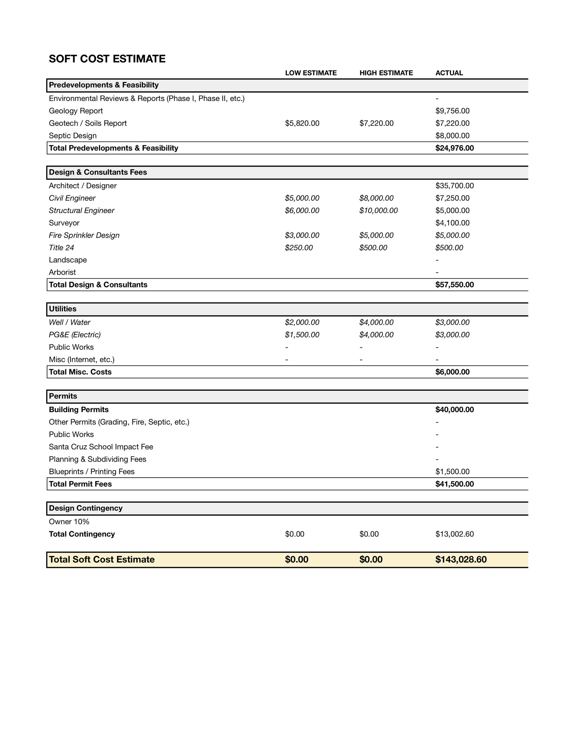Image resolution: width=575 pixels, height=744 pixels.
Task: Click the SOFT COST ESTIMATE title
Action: (107, 59)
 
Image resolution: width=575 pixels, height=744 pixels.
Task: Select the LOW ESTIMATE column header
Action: (311, 73)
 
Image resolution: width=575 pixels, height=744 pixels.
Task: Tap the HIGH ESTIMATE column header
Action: (386, 73)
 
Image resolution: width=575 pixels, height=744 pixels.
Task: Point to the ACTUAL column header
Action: (449, 73)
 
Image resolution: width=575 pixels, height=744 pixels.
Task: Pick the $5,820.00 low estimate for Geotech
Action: (302, 123)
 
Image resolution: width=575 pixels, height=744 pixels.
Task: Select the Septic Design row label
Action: (72, 136)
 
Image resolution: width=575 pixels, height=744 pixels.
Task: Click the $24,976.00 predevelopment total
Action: (454, 148)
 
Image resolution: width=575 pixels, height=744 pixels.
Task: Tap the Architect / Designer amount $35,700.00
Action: (454, 186)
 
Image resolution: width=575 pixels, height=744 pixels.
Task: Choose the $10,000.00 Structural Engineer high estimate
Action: (378, 210)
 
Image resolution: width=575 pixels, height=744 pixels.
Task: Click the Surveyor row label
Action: (64, 223)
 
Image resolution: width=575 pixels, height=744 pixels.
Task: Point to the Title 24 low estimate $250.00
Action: (299, 248)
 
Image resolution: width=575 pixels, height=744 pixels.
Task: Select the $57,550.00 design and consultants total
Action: (454, 285)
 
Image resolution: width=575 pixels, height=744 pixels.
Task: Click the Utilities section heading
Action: (63, 309)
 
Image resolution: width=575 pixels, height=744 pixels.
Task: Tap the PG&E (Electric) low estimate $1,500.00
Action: (302, 335)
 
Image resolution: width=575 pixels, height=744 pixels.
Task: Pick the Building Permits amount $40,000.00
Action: (454, 409)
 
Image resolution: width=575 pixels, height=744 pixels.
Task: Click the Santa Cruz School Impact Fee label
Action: (101, 447)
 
